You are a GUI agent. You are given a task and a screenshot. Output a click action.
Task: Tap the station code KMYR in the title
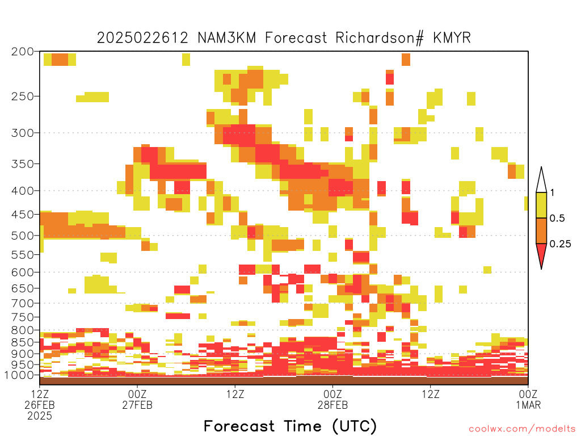pos(452,38)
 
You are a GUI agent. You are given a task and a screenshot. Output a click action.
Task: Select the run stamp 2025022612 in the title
pos(142,38)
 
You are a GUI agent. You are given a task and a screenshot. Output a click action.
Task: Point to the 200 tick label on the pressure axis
pos(23,52)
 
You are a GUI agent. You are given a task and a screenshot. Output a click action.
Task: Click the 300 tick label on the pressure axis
pos(23,133)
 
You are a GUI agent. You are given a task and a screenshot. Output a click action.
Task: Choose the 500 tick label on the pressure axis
pos(23,236)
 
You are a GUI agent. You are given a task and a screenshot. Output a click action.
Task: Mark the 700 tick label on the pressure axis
pos(23,303)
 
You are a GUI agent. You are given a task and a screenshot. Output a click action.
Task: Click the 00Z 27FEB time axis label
pos(137,399)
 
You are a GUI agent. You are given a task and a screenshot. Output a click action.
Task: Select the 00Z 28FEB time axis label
pos(332,399)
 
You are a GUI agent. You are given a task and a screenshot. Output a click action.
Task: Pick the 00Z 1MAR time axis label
pos(528,399)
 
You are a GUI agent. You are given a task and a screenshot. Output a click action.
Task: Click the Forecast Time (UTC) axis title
pos(290,426)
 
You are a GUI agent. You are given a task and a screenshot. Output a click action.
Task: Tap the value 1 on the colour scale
pos(552,193)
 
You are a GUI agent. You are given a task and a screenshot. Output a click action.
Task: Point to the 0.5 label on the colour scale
pos(557,219)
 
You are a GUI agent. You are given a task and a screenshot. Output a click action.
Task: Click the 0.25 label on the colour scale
pos(560,244)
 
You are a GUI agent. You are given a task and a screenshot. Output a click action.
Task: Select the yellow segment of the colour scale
pos(541,205)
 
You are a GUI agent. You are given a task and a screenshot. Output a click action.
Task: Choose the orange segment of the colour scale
pos(541,230)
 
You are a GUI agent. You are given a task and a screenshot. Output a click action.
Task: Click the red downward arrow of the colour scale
pos(541,254)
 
